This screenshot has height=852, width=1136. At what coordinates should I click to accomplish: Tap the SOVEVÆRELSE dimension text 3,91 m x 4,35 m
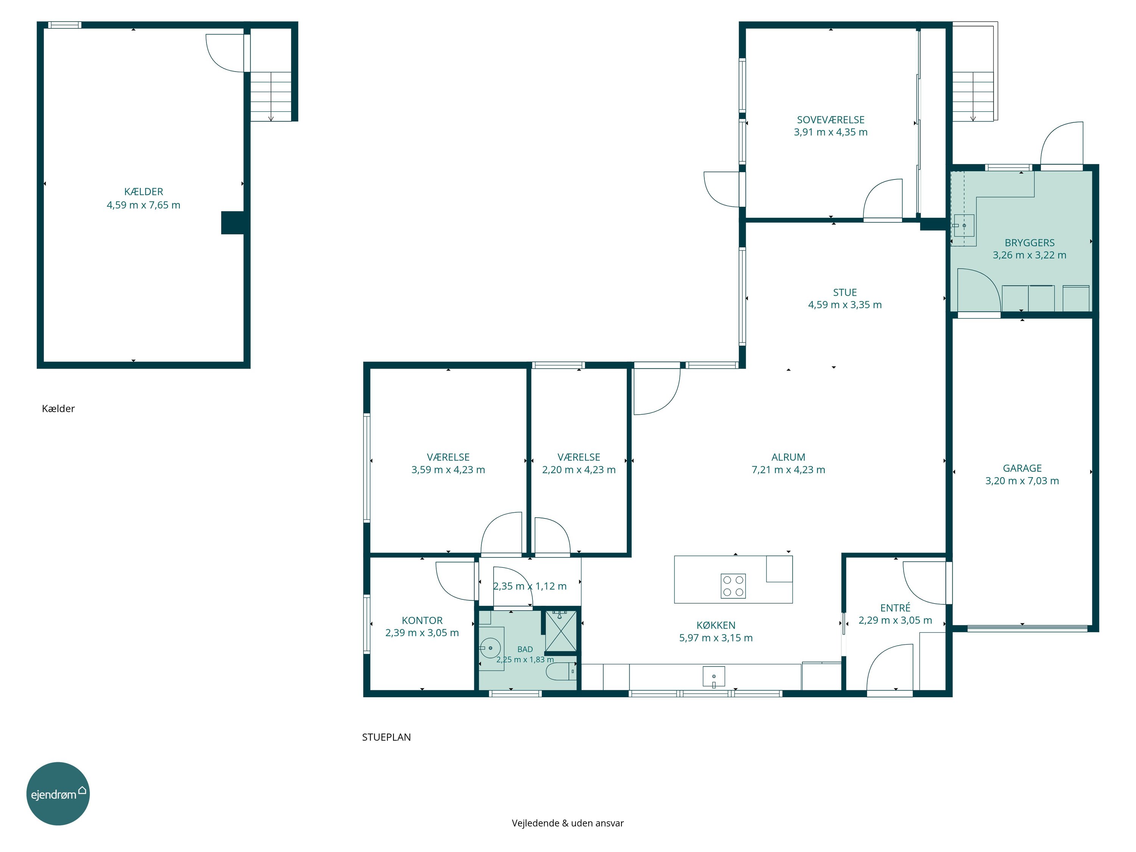[830, 132]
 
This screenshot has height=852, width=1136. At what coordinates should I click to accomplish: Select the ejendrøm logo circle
[58, 793]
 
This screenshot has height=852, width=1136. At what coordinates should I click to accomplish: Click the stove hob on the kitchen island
[733, 586]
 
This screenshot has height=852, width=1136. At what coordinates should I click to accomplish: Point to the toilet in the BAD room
[561, 671]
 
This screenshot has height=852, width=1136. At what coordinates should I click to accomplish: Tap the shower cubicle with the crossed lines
[561, 630]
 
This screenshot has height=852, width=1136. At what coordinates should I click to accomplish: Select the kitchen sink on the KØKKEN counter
[713, 676]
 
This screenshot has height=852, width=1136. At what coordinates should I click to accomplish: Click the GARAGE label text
[1022, 468]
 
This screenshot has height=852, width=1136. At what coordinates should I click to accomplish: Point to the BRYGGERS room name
[1029, 243]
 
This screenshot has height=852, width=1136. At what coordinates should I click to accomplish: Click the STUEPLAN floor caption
[386, 737]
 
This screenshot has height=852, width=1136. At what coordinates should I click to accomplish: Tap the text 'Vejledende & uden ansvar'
[568, 823]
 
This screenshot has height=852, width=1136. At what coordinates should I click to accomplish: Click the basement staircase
[271, 97]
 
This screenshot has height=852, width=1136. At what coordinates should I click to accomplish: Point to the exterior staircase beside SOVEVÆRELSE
[973, 97]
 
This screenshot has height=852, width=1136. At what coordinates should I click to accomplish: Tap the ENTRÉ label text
[895, 608]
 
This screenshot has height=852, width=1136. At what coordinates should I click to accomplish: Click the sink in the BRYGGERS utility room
[963, 225]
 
